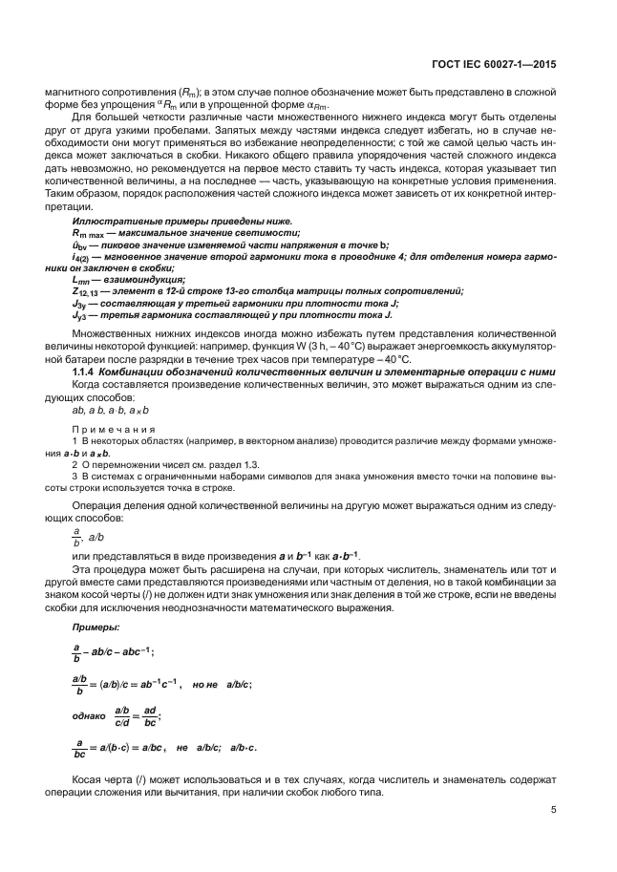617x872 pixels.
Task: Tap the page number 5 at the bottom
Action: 554,811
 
